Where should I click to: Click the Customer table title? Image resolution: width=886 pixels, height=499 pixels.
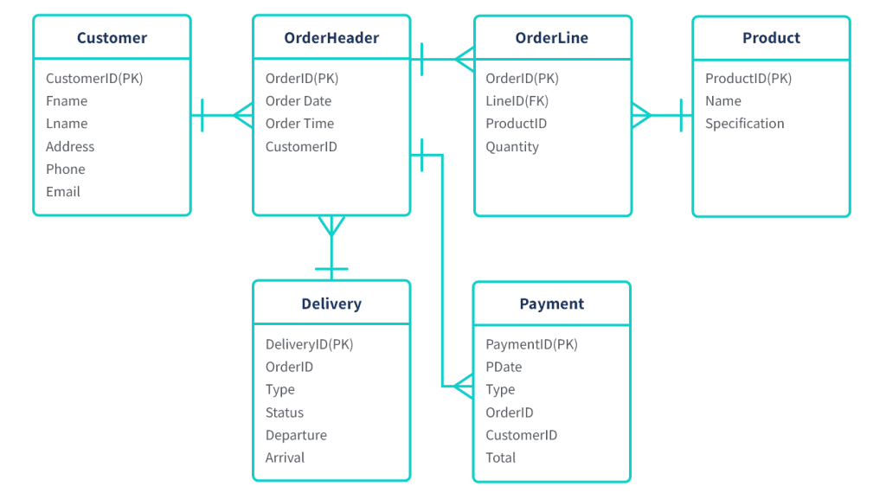pyautogui.click(x=112, y=38)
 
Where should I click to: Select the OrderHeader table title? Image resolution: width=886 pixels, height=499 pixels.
pyautogui.click(x=331, y=38)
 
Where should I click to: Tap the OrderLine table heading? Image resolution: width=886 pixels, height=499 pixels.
pyautogui.click(x=552, y=38)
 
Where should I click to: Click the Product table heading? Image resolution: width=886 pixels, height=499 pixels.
pyautogui.click(x=771, y=38)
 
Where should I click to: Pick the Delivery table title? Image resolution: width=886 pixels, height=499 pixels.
pyautogui.click(x=331, y=304)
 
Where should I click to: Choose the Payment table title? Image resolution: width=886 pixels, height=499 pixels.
pyautogui.click(x=552, y=304)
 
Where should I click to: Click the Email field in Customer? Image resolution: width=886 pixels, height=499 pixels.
pyautogui.click(x=63, y=191)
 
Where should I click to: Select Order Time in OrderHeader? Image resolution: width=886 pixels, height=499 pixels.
pyautogui.click(x=299, y=124)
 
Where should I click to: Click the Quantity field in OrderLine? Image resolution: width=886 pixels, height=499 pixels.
pyautogui.click(x=512, y=146)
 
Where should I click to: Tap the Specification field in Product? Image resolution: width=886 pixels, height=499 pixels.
pyautogui.click(x=744, y=124)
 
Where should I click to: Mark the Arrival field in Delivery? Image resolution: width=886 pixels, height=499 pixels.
pyautogui.click(x=285, y=457)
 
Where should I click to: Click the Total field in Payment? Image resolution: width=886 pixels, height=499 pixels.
pyautogui.click(x=501, y=457)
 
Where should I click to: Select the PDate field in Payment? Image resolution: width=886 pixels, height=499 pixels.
pyautogui.click(x=504, y=367)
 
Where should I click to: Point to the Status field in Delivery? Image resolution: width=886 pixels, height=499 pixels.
pyautogui.click(x=285, y=413)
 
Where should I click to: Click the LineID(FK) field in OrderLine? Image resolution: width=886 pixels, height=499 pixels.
pyautogui.click(x=517, y=101)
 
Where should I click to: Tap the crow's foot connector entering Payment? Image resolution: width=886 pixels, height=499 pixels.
pyautogui.click(x=463, y=387)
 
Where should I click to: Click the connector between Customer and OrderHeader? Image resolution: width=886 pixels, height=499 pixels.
pyautogui.click(x=221, y=114)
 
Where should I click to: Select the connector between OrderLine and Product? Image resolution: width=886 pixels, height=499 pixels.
pyautogui.click(x=662, y=114)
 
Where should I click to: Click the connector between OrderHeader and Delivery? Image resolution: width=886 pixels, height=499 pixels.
pyautogui.click(x=331, y=246)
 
